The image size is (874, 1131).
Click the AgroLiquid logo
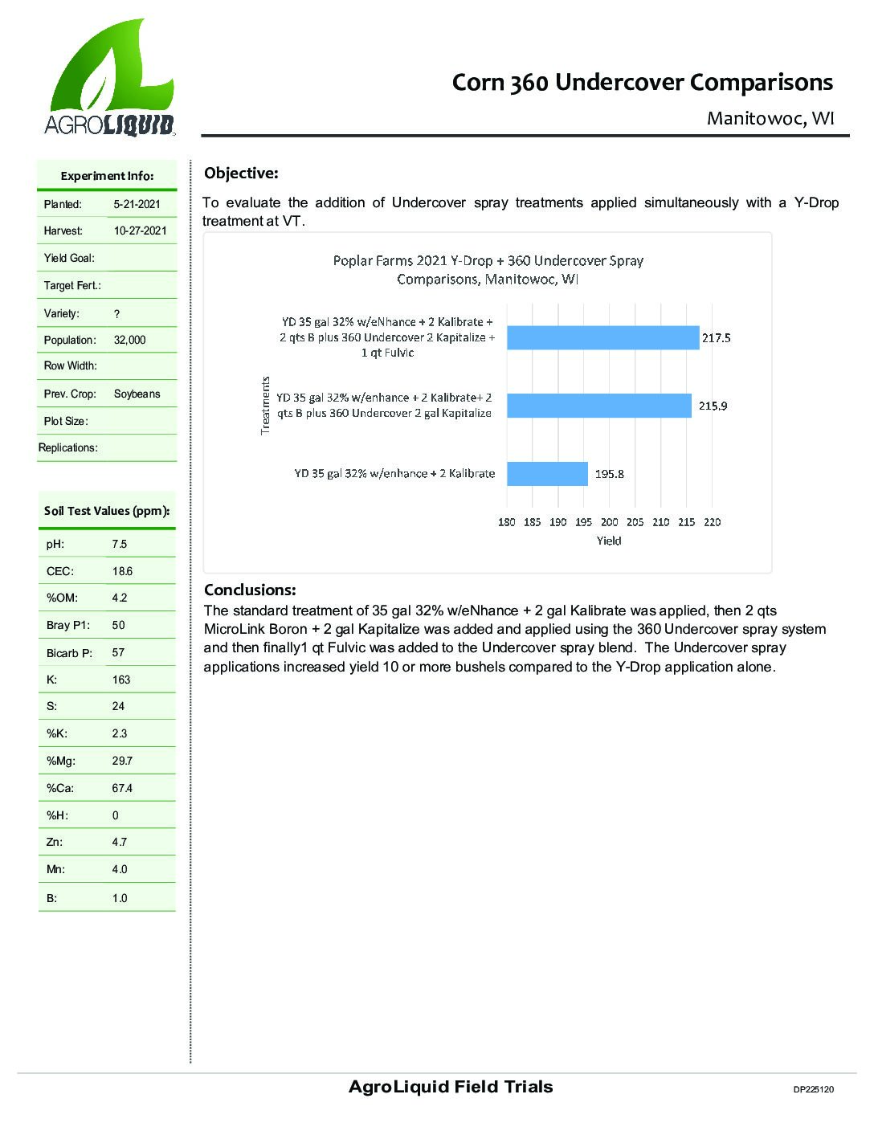[109, 79]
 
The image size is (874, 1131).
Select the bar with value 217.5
[602, 338]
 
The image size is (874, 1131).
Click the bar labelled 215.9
[598, 406]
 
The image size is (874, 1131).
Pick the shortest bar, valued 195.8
[547, 474]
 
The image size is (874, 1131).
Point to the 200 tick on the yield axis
[609, 522]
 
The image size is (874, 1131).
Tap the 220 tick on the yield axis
[712, 522]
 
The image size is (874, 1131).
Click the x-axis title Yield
[609, 541]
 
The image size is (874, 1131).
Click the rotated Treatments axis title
[266, 406]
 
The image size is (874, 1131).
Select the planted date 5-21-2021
[137, 205]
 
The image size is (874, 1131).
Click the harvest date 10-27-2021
[141, 231]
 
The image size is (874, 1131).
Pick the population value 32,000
[130, 341]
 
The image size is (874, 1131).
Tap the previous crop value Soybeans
[137, 394]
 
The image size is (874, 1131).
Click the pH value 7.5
[119, 545]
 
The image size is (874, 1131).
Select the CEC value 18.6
[122, 572]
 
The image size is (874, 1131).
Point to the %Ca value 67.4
[122, 789]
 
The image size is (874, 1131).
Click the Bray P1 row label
[68, 626]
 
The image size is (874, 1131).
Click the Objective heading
[241, 174]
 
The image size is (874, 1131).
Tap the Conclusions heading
[250, 590]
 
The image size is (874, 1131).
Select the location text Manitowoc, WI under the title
[770, 119]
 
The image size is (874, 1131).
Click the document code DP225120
[813, 1090]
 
